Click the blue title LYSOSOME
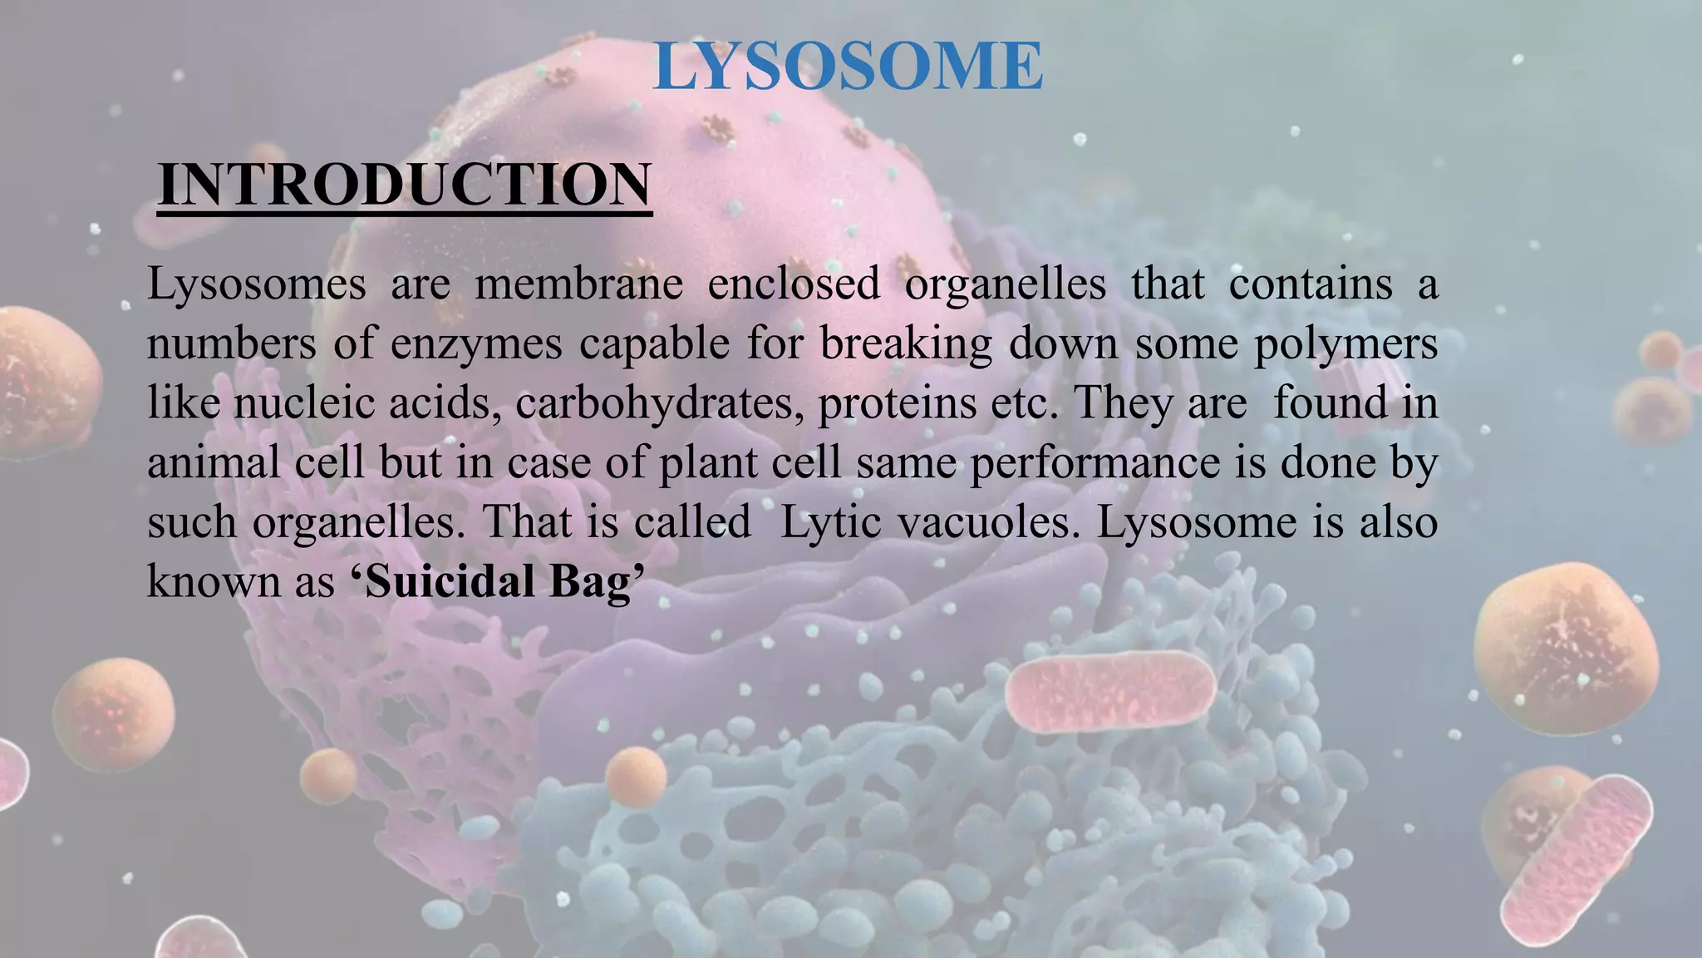click(848, 67)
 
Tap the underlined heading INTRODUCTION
click(405, 185)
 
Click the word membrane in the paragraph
click(578, 284)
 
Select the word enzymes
click(476, 344)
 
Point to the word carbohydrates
click(659, 404)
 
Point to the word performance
click(1095, 463)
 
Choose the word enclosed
click(794, 284)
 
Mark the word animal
click(214, 463)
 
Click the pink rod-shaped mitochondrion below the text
click(1110, 691)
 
